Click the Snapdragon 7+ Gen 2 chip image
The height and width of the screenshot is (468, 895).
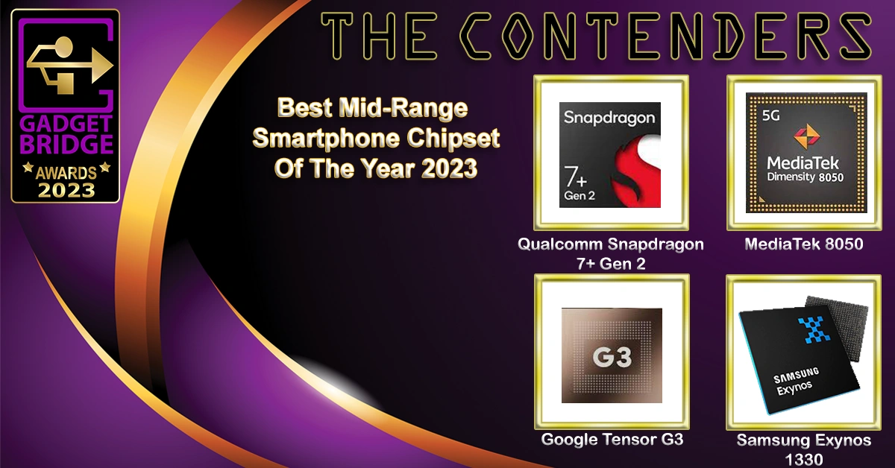(610, 154)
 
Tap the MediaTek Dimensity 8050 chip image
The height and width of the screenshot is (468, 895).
(806, 153)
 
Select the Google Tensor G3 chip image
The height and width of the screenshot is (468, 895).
(612, 355)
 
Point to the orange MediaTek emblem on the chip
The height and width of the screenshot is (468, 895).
(806, 136)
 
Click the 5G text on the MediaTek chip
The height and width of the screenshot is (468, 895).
(770, 116)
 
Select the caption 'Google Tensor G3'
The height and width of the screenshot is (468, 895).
(612, 439)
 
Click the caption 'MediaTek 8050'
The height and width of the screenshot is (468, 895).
(804, 244)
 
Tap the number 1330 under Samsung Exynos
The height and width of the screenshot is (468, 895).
(803, 459)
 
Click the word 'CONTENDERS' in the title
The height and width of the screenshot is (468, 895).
(665, 36)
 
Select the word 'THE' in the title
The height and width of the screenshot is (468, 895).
(379, 36)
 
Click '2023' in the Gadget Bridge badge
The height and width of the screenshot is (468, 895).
(66, 191)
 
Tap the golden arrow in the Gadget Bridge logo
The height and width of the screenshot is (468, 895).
(70, 65)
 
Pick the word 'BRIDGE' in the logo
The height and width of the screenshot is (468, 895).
(66, 144)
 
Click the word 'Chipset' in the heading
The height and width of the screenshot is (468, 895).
(453, 138)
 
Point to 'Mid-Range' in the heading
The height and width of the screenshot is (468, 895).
(403, 108)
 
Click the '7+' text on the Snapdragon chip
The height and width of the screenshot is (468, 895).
(575, 177)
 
